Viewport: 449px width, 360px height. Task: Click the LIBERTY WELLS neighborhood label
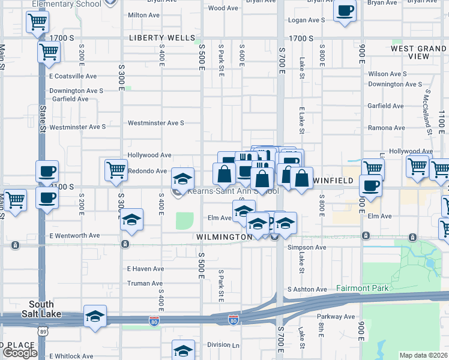tap(159, 38)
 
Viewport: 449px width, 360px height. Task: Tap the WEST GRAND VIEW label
tap(418, 52)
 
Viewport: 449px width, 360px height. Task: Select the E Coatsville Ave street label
tap(73, 76)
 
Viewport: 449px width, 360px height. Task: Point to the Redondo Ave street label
tap(147, 171)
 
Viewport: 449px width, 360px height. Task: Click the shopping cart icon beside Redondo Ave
tap(116, 169)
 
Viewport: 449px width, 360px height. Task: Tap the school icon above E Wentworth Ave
tap(131, 220)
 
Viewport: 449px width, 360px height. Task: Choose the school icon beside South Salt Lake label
tap(95, 316)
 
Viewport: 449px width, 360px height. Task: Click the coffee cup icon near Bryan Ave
tap(345, 11)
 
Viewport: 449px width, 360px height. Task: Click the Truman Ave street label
tap(145, 283)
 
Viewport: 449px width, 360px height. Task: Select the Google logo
tap(19, 353)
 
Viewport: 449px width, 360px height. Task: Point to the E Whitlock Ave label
tap(71, 356)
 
